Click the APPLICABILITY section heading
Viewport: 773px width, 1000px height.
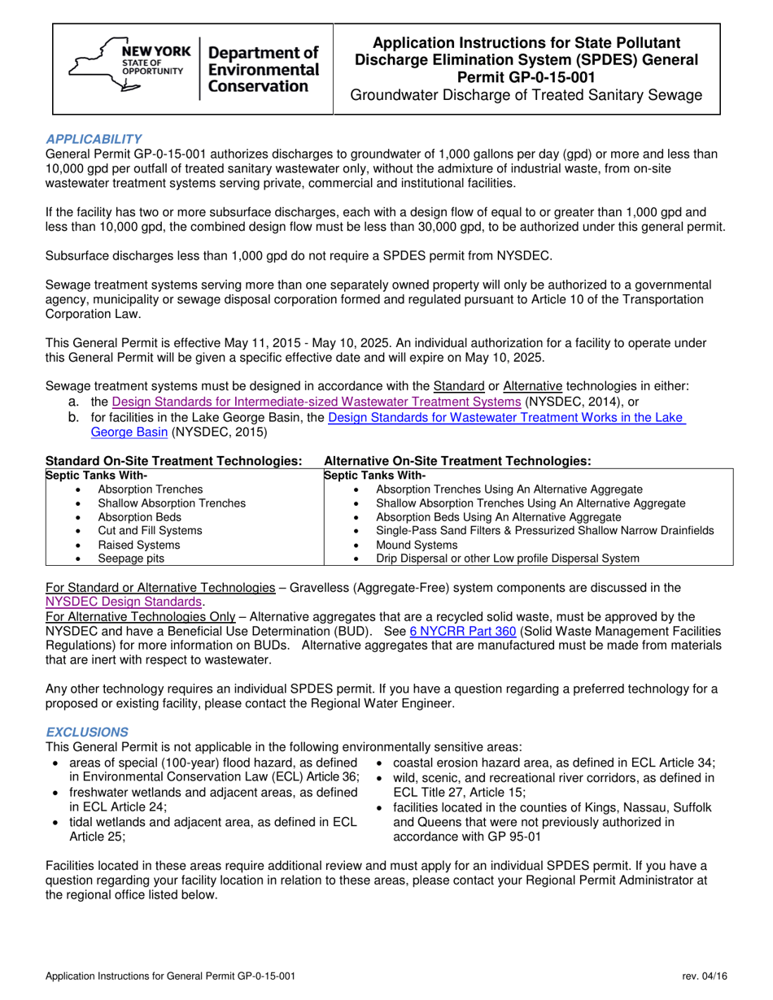coord(94,139)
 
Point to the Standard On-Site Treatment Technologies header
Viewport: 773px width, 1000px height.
coord(174,460)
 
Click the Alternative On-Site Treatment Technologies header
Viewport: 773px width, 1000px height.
coord(456,460)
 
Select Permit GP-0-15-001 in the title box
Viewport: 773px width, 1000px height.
coord(526,77)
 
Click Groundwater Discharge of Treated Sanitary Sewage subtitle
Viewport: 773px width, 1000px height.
coord(526,96)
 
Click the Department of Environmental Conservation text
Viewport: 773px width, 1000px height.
coord(264,69)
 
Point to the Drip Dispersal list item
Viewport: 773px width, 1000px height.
coord(507,559)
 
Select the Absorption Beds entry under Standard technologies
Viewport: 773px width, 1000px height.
coord(134,516)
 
